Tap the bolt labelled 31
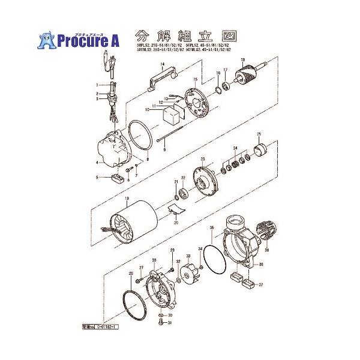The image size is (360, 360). click(160, 323)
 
